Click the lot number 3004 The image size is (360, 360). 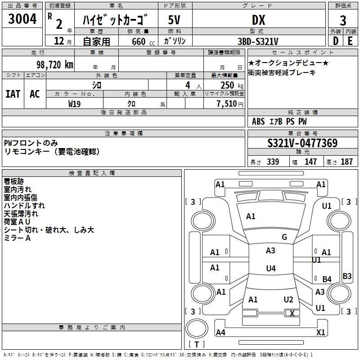(22, 19)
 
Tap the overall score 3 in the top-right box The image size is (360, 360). (343, 21)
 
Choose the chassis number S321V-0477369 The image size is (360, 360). (302, 144)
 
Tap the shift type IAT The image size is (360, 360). (13, 94)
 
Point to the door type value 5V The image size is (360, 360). (175, 20)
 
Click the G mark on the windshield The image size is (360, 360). (284, 237)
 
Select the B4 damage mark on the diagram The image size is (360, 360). (327, 279)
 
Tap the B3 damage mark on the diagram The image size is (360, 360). (347, 276)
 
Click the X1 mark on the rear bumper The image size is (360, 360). (321, 333)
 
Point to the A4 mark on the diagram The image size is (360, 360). (220, 333)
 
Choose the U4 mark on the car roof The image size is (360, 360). (270, 269)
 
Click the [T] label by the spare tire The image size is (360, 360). (197, 345)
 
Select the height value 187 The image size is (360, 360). (346, 162)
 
